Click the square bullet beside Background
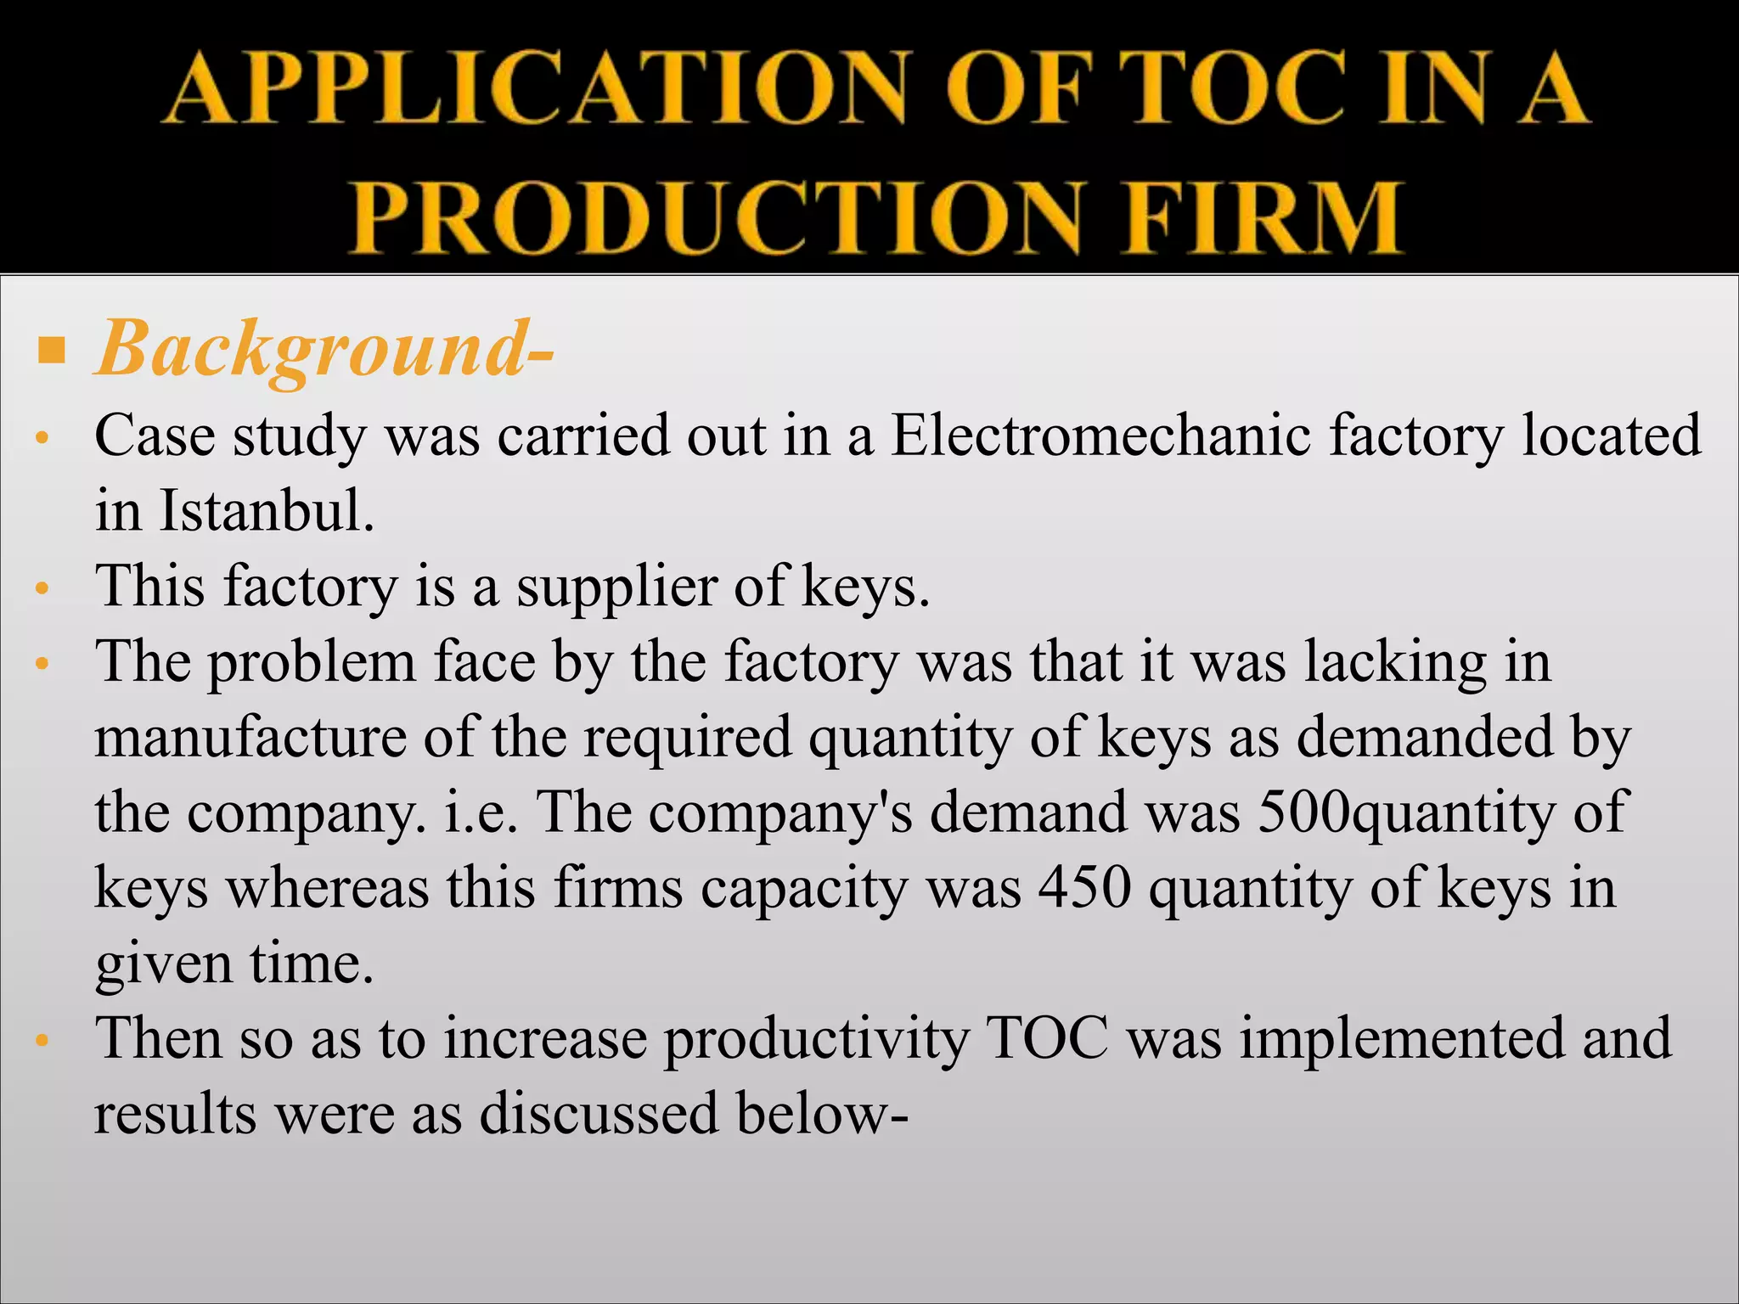52,349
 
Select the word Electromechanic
1100,436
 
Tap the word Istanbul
266,511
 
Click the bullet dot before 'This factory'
44,588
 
